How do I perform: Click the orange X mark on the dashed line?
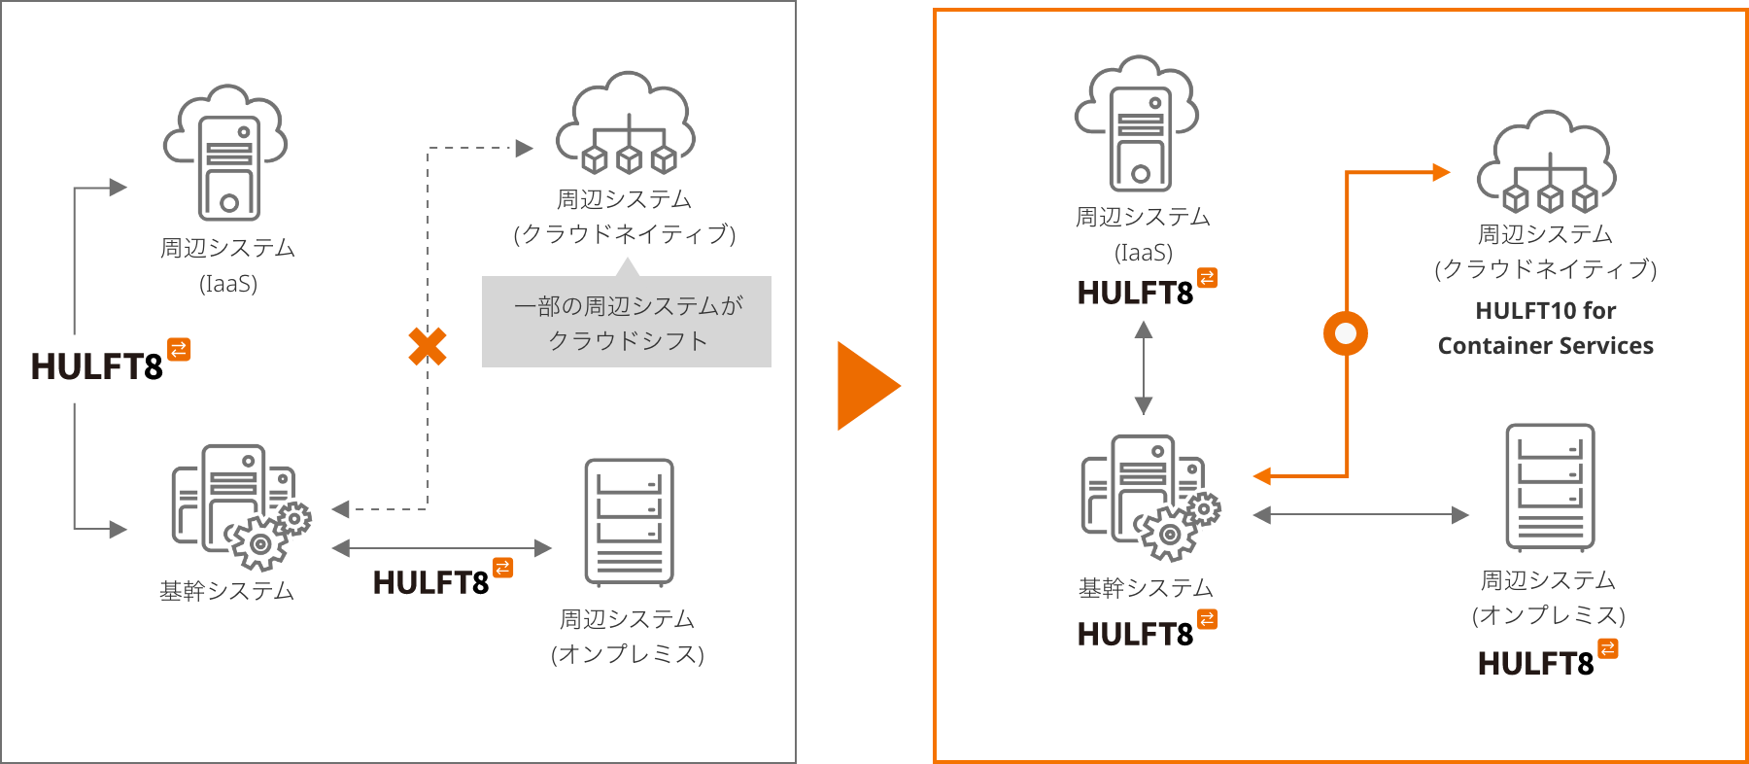coord(428,346)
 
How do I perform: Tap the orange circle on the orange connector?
coord(1346,333)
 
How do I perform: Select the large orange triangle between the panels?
coord(867,386)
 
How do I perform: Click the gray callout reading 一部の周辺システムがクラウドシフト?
coord(627,323)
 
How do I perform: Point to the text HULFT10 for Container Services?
coord(1545,329)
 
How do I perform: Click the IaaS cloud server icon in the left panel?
coord(227,154)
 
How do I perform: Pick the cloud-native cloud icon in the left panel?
coord(626,123)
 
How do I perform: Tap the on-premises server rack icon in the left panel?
coord(629,523)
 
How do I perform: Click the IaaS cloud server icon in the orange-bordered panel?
coord(1139,123)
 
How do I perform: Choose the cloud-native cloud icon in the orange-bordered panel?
coord(1547,162)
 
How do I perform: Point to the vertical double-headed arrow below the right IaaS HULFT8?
coord(1144,368)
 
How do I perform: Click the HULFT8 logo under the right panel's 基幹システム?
coord(1147,632)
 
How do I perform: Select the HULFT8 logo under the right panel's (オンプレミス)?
coord(1547,661)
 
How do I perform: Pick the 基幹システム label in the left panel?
coord(227,591)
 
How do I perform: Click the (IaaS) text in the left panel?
coord(228,284)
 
